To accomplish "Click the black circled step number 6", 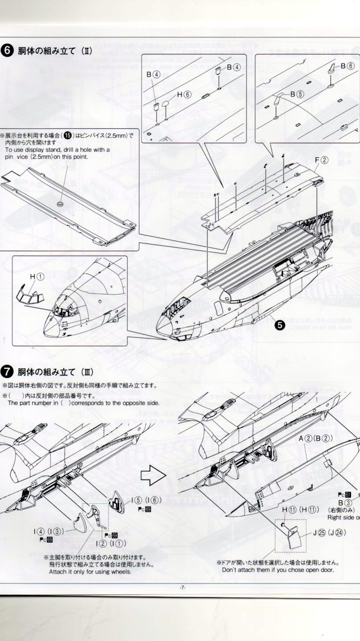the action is tap(7, 51).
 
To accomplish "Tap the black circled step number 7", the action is tap(7, 372).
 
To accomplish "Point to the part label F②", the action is tap(321, 161).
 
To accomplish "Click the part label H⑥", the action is tap(183, 95).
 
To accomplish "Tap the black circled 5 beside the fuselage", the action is tap(280, 324).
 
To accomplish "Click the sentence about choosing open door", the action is tap(277, 569).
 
